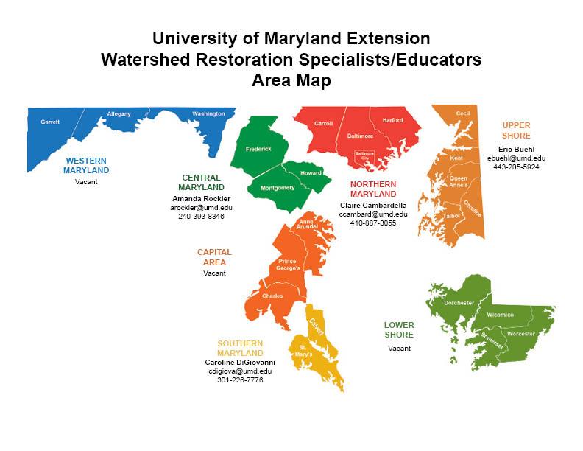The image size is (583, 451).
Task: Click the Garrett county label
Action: point(50,122)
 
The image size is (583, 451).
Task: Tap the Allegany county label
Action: point(119,114)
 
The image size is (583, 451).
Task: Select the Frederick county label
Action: point(258,149)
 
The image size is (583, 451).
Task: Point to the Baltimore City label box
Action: point(364,155)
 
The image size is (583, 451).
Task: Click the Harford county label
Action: point(392,120)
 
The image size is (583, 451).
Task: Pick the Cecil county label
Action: point(462,113)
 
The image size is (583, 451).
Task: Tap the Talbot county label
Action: point(452,215)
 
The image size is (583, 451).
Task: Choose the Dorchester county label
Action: point(459,303)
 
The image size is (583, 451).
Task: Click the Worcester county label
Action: point(521,334)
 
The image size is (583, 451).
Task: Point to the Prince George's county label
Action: point(288,265)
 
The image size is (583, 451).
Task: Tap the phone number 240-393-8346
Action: point(201,217)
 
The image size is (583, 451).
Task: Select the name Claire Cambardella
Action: point(372,205)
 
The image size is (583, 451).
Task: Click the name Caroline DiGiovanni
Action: point(240,363)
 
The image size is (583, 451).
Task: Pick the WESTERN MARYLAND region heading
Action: point(85,165)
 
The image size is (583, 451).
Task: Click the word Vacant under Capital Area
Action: point(214,273)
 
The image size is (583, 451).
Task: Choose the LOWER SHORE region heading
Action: point(399,330)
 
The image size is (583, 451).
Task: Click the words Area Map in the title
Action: point(291,81)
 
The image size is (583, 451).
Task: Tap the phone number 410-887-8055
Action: point(372,223)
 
